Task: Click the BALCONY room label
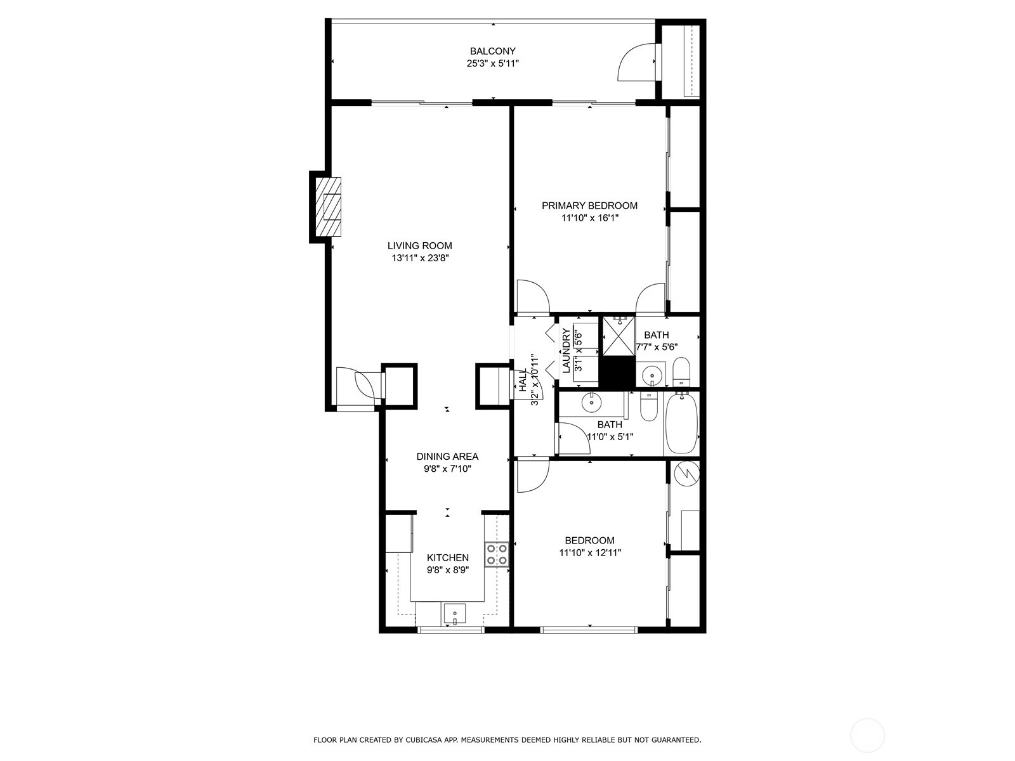click(492, 51)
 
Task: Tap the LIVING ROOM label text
click(419, 246)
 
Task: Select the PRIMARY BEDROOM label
click(589, 205)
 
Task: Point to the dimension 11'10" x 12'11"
click(589, 552)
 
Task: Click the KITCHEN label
click(448, 557)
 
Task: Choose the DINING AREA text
click(447, 457)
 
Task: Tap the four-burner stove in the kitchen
click(497, 554)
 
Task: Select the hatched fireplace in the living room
click(329, 207)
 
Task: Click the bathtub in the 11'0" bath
click(682, 424)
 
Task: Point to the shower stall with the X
click(619, 336)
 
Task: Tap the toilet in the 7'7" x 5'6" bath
click(681, 372)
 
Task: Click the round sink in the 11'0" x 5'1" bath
click(591, 403)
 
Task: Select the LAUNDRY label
click(566, 351)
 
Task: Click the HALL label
click(523, 381)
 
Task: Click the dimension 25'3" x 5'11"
click(492, 63)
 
